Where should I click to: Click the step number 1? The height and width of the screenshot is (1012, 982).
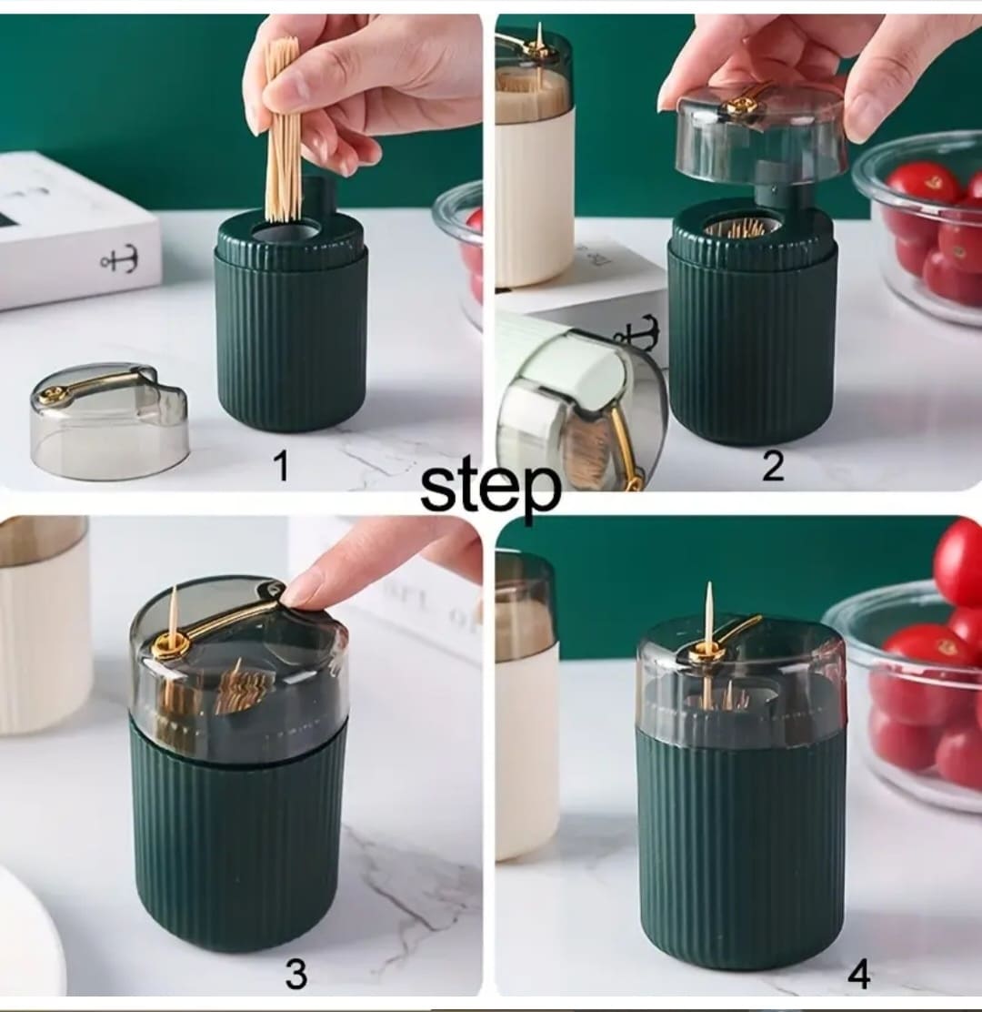pos(281,465)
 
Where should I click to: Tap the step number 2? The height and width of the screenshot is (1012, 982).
pos(773,465)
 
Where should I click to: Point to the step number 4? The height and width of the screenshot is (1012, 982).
pos(858,975)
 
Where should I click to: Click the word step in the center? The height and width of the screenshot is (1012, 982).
pos(490,488)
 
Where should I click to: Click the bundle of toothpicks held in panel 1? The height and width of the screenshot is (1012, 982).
pos(284,129)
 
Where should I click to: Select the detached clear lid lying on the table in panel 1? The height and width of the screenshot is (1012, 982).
pos(110,420)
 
